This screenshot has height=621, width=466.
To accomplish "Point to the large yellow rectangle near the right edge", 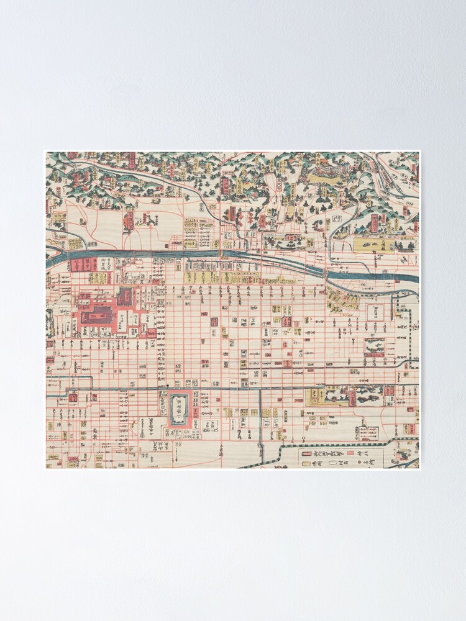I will tap(373, 245).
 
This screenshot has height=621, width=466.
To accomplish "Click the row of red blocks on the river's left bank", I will tap(83, 265).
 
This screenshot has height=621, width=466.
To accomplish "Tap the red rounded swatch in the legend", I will tap(306, 454).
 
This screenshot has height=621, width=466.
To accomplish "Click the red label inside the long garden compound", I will tap(352, 398).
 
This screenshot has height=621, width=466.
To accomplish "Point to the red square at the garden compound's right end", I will tap(389, 391).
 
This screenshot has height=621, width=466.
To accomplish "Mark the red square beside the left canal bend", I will tap(73, 398).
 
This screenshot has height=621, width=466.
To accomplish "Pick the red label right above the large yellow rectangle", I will tap(374, 224).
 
